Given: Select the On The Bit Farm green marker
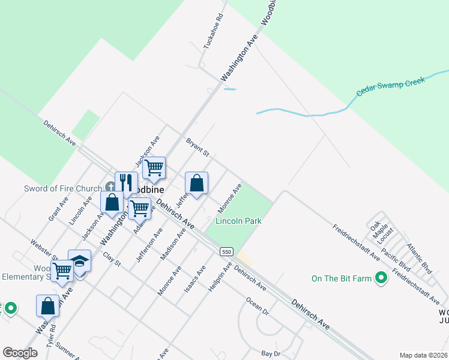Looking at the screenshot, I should (x=381, y=278).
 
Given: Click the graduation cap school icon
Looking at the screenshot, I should (x=79, y=261).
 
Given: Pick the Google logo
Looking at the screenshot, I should (x=20, y=353).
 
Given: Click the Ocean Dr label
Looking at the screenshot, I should (x=257, y=305).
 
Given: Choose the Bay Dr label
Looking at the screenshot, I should (x=271, y=353).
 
